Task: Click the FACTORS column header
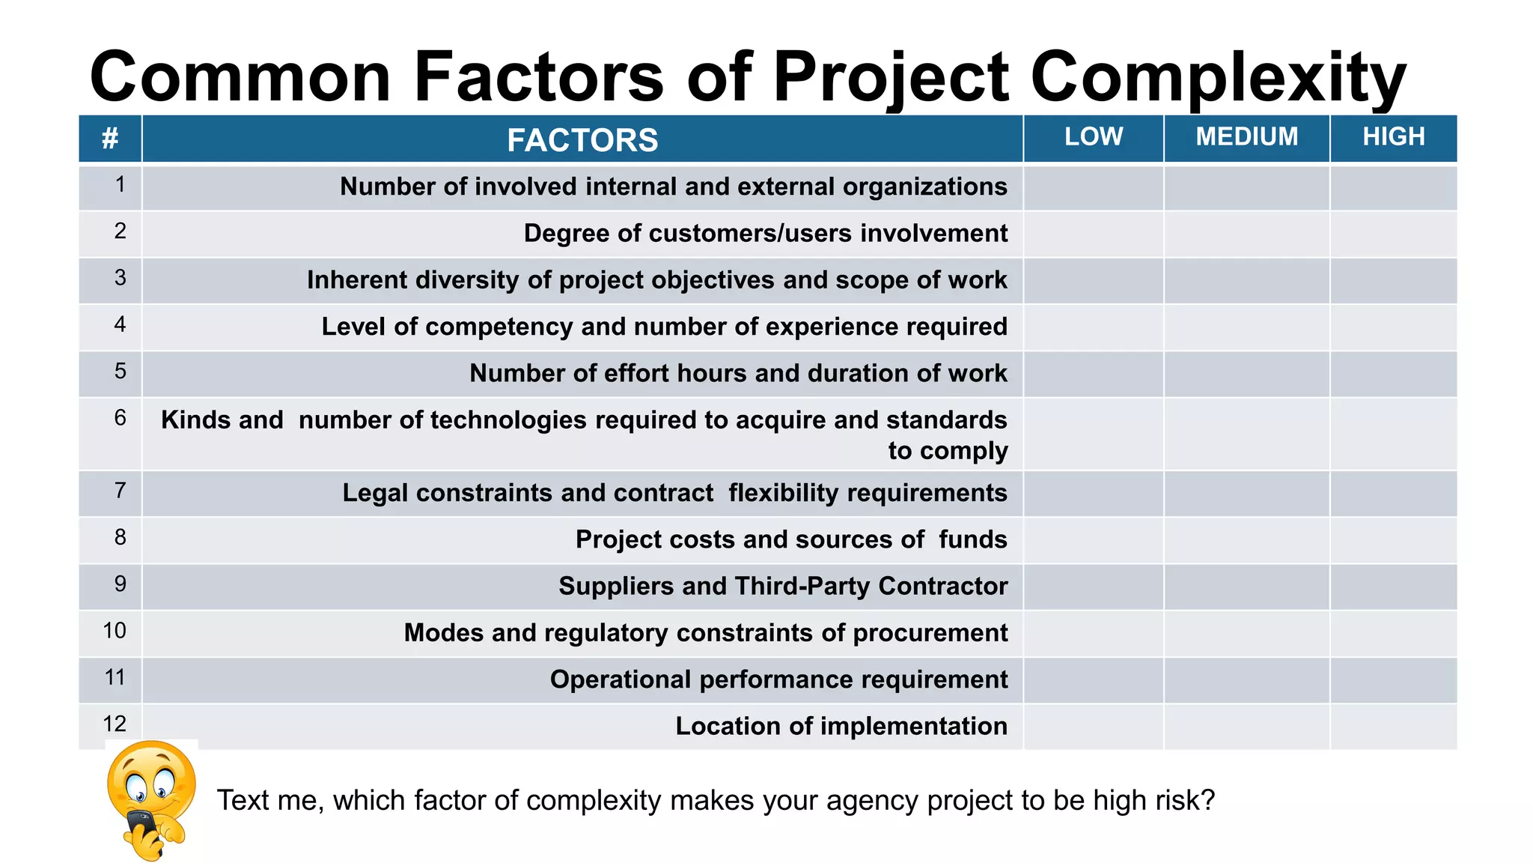tap(582, 140)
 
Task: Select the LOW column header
tap(1093, 136)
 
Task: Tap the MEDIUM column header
tap(1246, 136)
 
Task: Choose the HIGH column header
tap(1393, 136)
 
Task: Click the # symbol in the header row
tap(110, 139)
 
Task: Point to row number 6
tap(120, 418)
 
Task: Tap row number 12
tap(115, 724)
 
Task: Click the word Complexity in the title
tap(1218, 77)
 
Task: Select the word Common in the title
tap(240, 77)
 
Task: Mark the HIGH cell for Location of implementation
tap(1393, 727)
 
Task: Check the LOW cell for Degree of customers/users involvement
tap(1093, 234)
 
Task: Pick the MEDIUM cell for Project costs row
tap(1246, 540)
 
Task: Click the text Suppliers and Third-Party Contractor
tap(783, 586)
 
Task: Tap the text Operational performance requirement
tap(778, 679)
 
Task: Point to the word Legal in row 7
tap(375, 493)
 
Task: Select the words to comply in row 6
tap(948, 451)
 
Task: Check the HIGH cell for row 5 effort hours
tap(1393, 374)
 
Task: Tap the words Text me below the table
tap(269, 800)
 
